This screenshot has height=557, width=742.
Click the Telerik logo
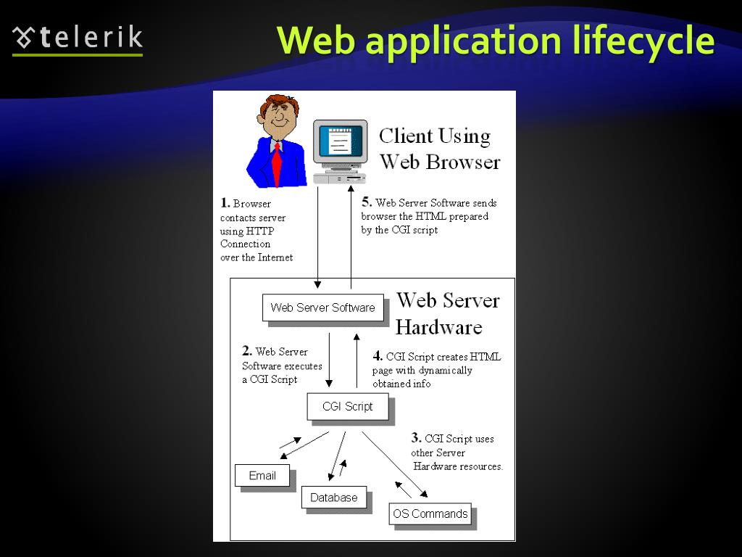tap(78, 39)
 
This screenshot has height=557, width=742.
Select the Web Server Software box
tap(322, 308)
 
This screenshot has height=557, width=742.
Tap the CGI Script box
tap(348, 407)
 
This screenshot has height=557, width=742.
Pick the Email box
tap(262, 476)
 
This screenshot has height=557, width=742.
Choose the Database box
tap(334, 498)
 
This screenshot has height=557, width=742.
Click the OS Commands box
tap(430, 514)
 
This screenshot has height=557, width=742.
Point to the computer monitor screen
tap(340, 142)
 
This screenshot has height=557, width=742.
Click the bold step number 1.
tap(225, 203)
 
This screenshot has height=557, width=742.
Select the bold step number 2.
tap(247, 351)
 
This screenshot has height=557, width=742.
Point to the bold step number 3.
tap(416, 437)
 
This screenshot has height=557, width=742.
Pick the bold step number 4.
tap(378, 355)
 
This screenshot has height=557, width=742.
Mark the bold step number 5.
tap(367, 202)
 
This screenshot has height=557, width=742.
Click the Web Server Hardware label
tap(448, 313)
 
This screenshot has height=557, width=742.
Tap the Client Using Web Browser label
tap(439, 149)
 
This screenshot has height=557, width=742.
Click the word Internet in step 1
tap(275, 257)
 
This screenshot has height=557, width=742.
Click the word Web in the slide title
tap(316, 41)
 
